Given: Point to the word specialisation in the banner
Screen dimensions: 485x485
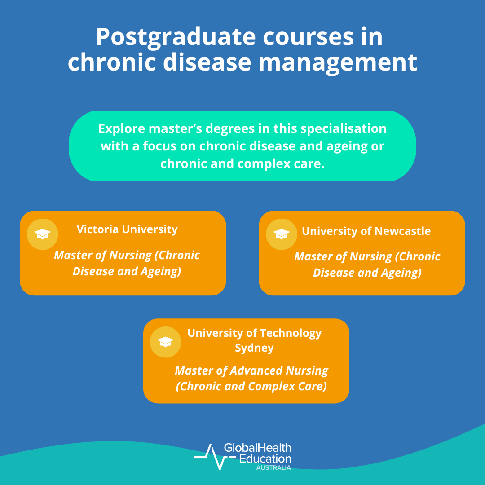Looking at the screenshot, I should click(x=344, y=129).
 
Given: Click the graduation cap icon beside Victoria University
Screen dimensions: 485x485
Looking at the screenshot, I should click(x=43, y=234).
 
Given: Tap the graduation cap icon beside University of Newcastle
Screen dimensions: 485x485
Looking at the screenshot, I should click(x=282, y=234).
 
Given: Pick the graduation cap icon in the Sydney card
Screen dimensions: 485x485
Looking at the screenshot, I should click(x=165, y=342).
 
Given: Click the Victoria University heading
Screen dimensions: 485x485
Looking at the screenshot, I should click(x=127, y=229).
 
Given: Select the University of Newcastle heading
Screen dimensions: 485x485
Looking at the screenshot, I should click(x=366, y=231).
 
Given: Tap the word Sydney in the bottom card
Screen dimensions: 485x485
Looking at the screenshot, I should click(x=254, y=348).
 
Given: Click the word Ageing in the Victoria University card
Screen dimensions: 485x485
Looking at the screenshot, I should click(x=160, y=271).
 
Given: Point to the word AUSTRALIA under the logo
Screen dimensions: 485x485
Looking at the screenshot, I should click(x=273, y=467).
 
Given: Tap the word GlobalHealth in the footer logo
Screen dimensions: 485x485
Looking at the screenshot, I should click(x=257, y=448).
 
